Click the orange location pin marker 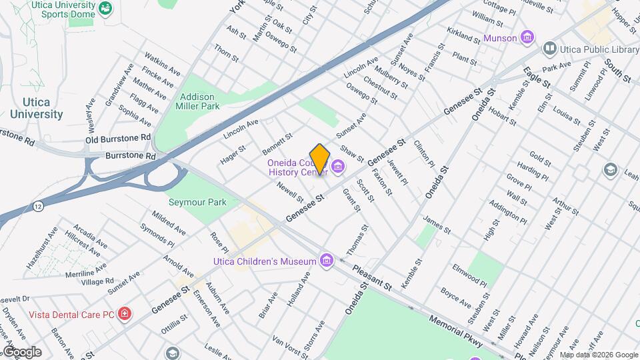pyautogui.click(x=320, y=159)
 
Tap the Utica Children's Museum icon pyautogui.click(x=326, y=259)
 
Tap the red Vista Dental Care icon pyautogui.click(x=124, y=313)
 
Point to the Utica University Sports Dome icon pyautogui.click(x=105, y=9)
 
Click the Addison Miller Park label pyautogui.click(x=197, y=101)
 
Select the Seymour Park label pyautogui.click(x=197, y=202)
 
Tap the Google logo pyautogui.click(x=21, y=352)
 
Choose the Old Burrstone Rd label pyautogui.click(x=118, y=138)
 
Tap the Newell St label pyautogui.click(x=291, y=193)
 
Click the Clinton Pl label pyautogui.click(x=424, y=153)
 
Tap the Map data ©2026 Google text pyautogui.click(x=598, y=355)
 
